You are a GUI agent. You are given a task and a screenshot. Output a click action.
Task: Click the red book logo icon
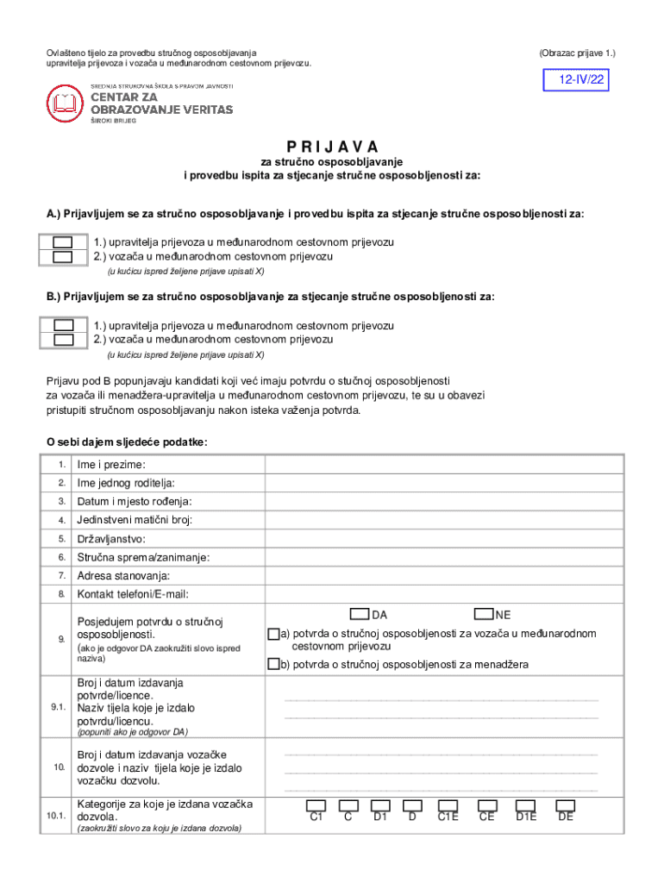(x=66, y=104)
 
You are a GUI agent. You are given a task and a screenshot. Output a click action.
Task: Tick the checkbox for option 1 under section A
(x=62, y=242)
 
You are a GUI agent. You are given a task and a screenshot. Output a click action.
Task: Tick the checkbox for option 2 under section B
(x=62, y=340)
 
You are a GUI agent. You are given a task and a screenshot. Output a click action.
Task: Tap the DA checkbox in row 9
(x=360, y=614)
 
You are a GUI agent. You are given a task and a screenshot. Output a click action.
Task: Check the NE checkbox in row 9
(x=483, y=614)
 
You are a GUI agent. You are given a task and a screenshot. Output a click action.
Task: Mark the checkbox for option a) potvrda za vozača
(x=273, y=635)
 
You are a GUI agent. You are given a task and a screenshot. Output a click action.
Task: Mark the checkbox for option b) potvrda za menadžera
(x=273, y=664)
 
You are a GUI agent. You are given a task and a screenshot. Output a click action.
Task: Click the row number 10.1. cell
(x=58, y=816)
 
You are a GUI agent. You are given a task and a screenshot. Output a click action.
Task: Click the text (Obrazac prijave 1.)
(x=577, y=53)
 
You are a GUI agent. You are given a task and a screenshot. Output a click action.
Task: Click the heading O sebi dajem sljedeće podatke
(x=127, y=441)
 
